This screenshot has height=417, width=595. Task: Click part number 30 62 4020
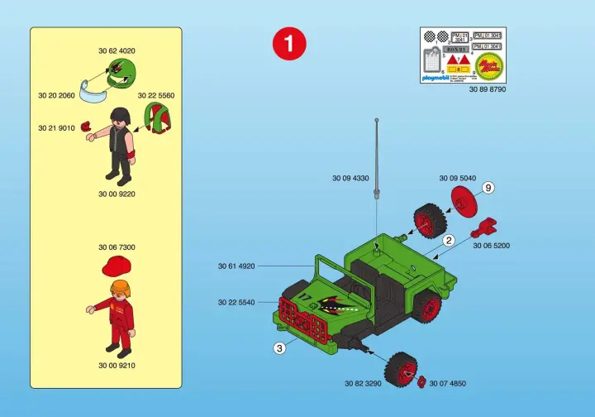tap(116, 51)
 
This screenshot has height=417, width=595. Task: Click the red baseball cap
tap(116, 266)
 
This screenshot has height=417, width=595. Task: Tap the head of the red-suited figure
tap(120, 290)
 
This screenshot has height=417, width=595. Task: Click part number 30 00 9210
tap(116, 365)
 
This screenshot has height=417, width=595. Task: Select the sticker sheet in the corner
tap(463, 55)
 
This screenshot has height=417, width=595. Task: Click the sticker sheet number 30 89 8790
tap(487, 89)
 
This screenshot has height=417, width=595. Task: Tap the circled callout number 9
tap(488, 189)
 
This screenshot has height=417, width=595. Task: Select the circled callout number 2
tap(449, 241)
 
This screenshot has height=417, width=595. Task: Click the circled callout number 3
tap(279, 348)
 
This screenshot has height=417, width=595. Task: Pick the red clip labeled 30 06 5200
tap(486, 226)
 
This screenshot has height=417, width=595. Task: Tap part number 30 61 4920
tap(236, 266)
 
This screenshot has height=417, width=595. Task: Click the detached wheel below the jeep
tap(401, 367)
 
